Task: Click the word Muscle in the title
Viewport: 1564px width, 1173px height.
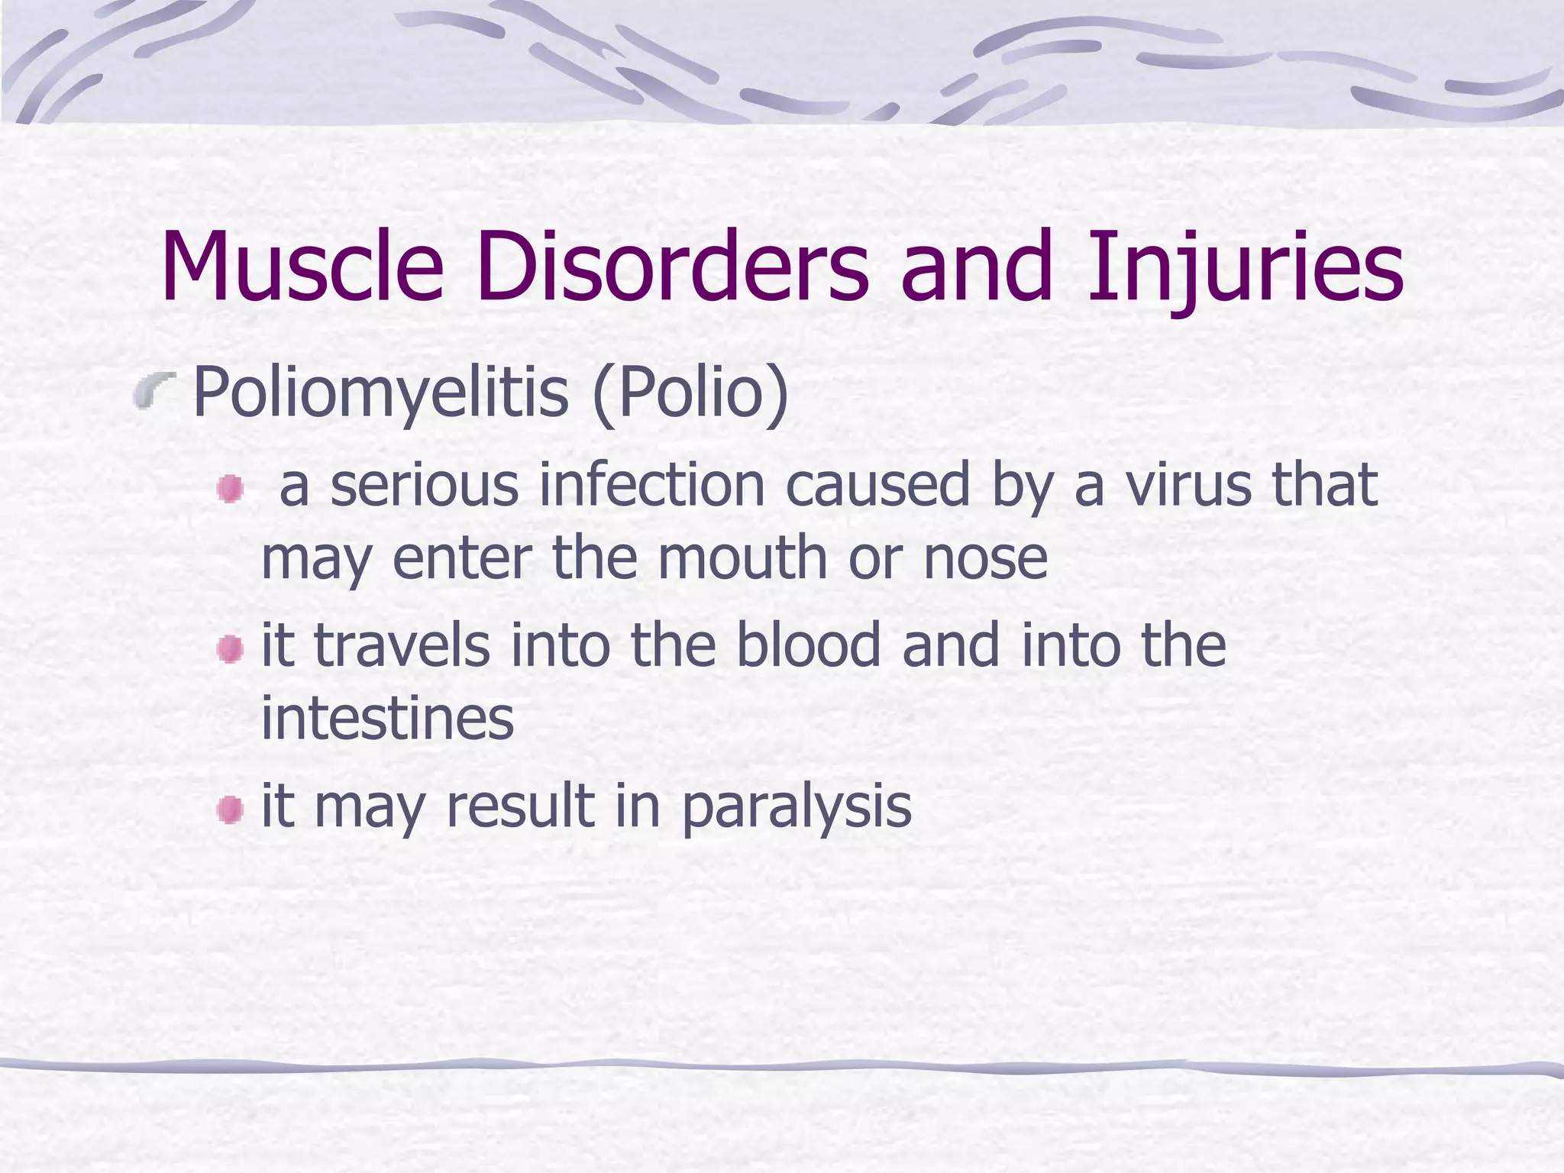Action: tap(302, 267)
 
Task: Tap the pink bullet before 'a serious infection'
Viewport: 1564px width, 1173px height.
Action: tap(229, 489)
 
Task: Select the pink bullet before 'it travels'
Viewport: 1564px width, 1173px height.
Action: tap(229, 650)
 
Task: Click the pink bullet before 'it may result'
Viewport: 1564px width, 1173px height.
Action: tap(229, 809)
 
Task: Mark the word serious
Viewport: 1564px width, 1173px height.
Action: tap(424, 487)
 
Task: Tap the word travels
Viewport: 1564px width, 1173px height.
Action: tap(402, 646)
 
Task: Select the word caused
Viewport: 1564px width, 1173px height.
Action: tap(878, 486)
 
